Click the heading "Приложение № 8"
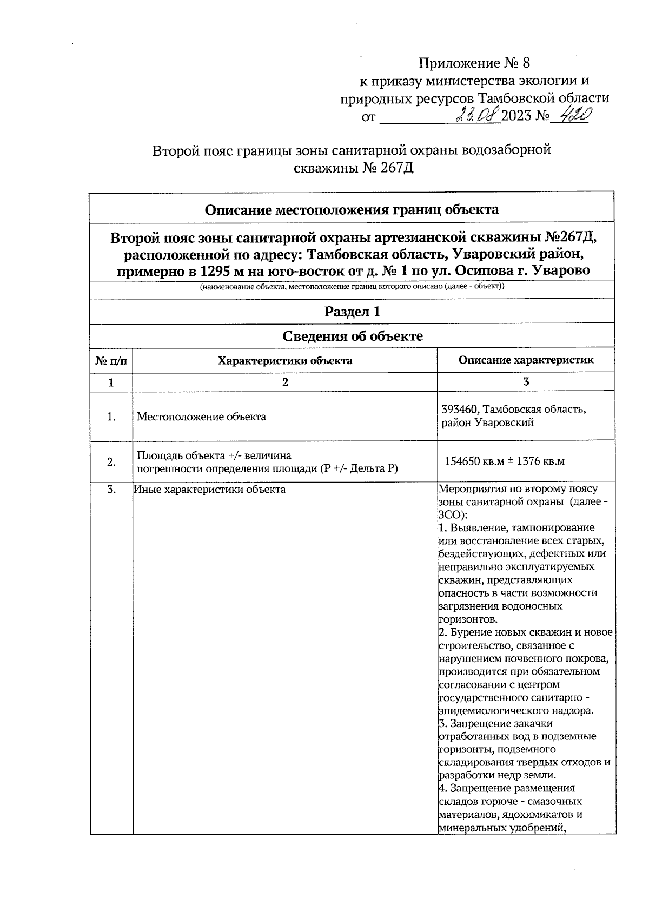point(474,64)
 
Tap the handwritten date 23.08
point(478,115)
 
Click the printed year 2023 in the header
point(516,116)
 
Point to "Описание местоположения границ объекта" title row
point(352,209)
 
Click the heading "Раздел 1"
point(352,312)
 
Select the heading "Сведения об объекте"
point(352,336)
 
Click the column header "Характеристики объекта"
point(284,360)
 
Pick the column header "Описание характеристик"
point(525,360)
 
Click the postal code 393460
point(460,410)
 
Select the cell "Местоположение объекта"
point(201,417)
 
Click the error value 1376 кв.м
point(540,461)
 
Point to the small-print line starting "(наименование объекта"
point(352,287)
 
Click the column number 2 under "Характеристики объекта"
point(284,382)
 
